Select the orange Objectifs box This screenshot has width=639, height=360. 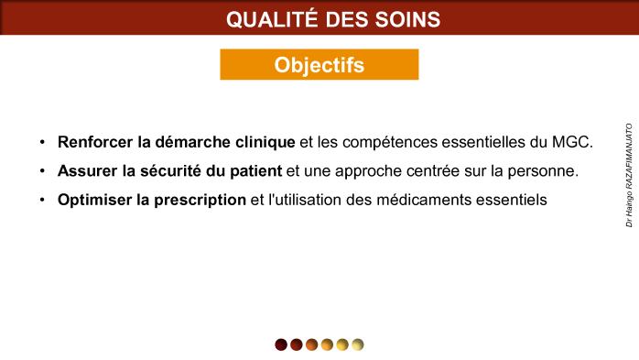pos(319,65)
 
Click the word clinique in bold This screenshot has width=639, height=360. pos(265,143)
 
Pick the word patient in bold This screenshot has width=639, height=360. pos(256,171)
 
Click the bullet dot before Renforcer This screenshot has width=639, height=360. pos(42,144)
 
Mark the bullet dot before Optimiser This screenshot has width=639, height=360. pos(42,200)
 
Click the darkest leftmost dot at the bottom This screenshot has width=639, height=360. pos(281,344)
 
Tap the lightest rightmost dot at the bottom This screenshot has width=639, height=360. pos(357,344)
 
